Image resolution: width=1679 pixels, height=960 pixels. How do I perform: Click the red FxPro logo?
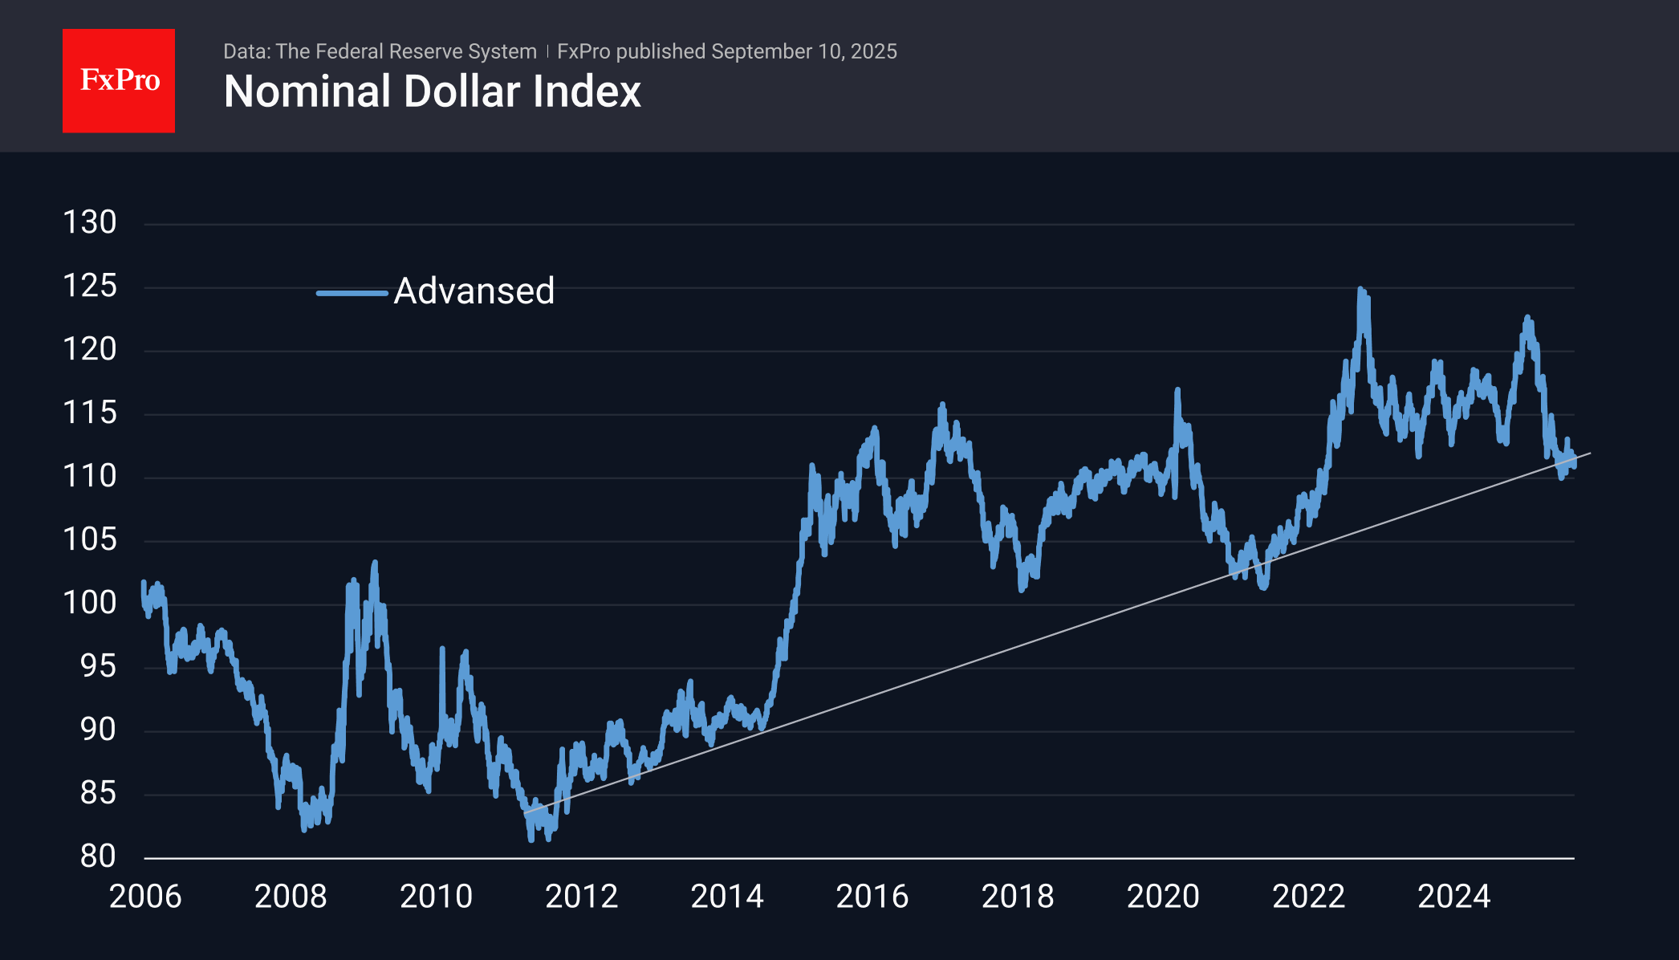point(119,80)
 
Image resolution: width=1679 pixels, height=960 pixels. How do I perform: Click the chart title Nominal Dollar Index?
point(432,92)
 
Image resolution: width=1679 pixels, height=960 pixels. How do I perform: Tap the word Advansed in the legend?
point(474,291)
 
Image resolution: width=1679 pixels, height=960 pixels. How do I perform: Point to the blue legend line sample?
point(352,293)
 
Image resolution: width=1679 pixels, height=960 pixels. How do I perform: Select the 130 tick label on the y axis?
point(90,222)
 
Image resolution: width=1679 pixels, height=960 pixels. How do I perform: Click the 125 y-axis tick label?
point(90,286)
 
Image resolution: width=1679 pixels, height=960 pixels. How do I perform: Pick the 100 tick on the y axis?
point(90,603)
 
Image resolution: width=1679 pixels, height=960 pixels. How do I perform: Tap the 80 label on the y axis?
point(98,856)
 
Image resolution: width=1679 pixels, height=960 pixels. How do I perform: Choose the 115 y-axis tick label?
point(90,413)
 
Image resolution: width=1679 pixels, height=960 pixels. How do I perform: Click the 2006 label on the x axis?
point(145,897)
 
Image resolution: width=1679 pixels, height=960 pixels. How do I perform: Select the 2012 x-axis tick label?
point(581,897)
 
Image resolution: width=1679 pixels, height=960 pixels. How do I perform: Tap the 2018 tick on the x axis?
point(1018,897)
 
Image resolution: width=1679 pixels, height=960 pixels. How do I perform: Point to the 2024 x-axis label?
point(1453,897)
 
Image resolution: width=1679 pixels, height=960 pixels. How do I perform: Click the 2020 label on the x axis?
point(1163,897)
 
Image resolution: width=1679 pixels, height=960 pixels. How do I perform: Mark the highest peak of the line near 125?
point(1360,289)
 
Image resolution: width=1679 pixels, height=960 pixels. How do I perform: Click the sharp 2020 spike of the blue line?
point(1177,390)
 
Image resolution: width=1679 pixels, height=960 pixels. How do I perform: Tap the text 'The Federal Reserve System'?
point(406,51)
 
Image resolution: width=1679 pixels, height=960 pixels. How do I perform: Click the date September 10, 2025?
point(803,51)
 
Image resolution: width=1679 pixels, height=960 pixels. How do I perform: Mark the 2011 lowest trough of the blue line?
point(531,839)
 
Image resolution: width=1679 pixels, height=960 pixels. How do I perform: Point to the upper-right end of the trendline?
point(1589,454)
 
